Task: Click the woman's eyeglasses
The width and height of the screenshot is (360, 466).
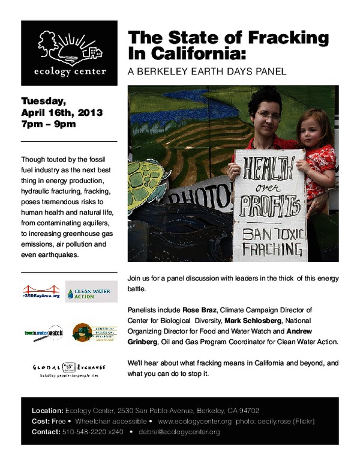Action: pyautogui.click(x=268, y=113)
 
